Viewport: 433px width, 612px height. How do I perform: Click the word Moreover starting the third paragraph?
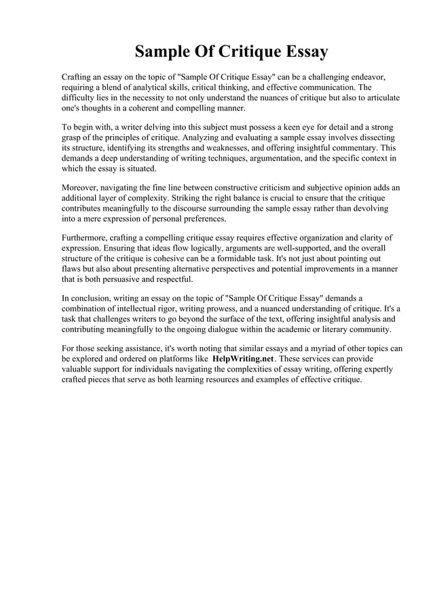[83, 188]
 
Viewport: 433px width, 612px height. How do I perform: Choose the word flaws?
[73, 269]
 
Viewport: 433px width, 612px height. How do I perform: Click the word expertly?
[373, 369]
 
